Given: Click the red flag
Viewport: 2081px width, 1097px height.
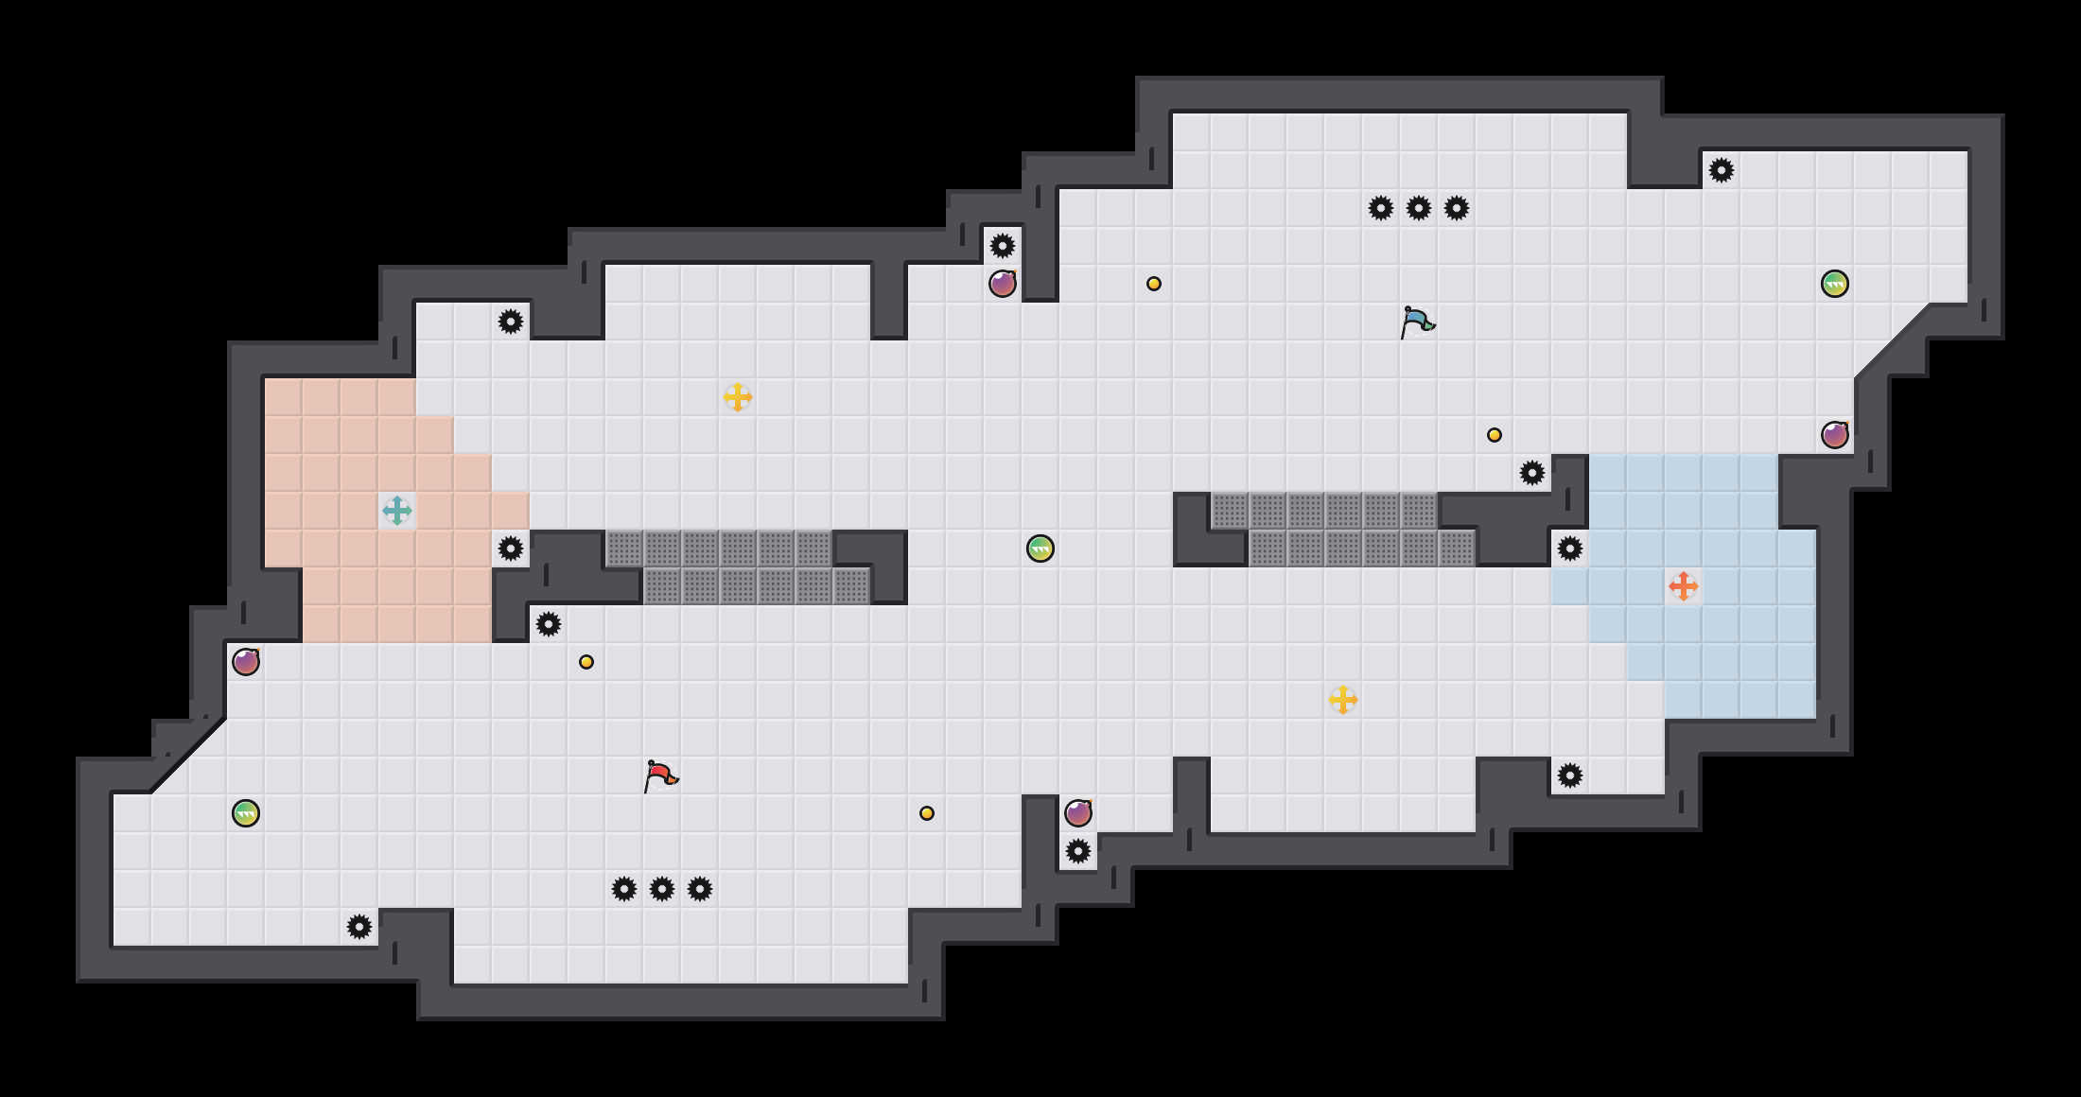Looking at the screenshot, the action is pyautogui.click(x=660, y=776).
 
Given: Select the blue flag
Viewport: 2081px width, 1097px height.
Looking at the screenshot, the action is pyautogui.click(x=1417, y=322).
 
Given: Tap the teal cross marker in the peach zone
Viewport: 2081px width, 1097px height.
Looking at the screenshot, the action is pyautogui.click(x=397, y=511).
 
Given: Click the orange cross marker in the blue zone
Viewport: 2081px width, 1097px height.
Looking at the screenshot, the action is pyautogui.click(x=1684, y=586).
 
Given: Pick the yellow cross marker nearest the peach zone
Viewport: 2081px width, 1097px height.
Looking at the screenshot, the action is pyautogui.click(x=738, y=397).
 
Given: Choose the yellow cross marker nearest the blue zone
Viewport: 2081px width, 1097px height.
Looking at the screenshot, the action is pyautogui.click(x=1343, y=700).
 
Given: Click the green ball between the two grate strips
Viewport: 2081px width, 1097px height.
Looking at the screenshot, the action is pyautogui.click(x=1040, y=548).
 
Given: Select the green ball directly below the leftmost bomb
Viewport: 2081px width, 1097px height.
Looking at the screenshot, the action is pyautogui.click(x=246, y=813).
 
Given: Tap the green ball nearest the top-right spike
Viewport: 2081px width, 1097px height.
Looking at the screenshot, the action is pyautogui.click(x=1835, y=284).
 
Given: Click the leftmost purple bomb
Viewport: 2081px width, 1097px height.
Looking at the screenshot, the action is pyautogui.click(x=246, y=662).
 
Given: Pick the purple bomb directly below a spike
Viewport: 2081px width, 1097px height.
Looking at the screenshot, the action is pyautogui.click(x=1003, y=284).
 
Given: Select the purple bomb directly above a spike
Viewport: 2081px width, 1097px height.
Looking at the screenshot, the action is pyautogui.click(x=1078, y=813).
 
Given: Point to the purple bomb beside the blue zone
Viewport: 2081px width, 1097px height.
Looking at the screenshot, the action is pyautogui.click(x=1835, y=435).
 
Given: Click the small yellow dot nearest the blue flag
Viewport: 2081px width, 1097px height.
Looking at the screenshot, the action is pyautogui.click(x=1495, y=435).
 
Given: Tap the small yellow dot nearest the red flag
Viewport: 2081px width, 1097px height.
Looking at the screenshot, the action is pyautogui.click(x=586, y=662).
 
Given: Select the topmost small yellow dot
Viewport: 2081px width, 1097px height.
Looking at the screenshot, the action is pyautogui.click(x=1154, y=284).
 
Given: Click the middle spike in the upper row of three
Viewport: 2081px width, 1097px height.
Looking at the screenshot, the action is pyautogui.click(x=1419, y=208).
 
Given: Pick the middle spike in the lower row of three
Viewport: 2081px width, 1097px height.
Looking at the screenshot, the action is pyautogui.click(x=662, y=889).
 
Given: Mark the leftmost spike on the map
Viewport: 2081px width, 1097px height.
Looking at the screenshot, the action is pyautogui.click(x=359, y=927).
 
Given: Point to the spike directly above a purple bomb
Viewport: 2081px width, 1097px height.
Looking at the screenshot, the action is pyautogui.click(x=1003, y=246).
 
